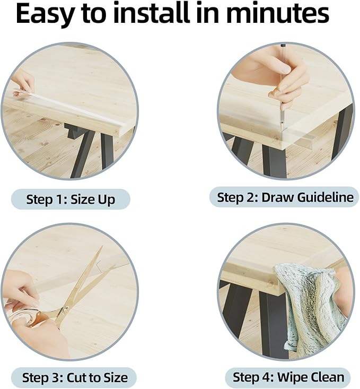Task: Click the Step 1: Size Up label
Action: click(71, 200)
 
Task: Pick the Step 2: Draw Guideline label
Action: click(285, 197)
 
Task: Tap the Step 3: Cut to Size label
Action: click(75, 378)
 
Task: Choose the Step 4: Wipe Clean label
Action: click(288, 377)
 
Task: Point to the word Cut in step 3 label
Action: click(77, 378)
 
